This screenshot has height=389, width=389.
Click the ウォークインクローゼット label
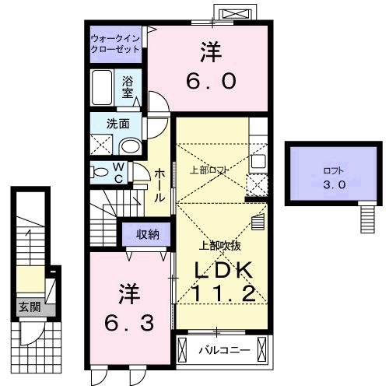click(x=115, y=43)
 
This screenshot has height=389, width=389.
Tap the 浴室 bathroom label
click(x=129, y=85)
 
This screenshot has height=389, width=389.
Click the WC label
click(x=119, y=172)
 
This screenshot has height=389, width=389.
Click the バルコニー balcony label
click(x=223, y=350)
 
